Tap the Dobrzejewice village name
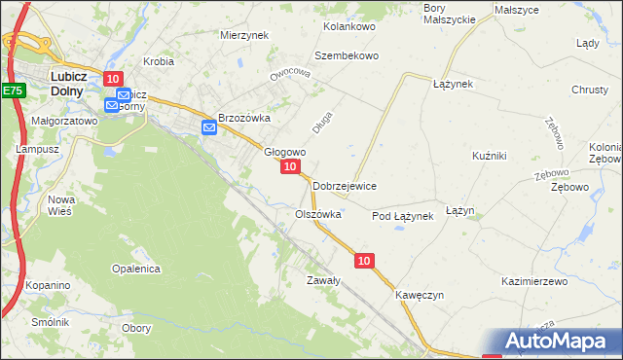click(345, 186)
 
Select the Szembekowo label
click(346, 55)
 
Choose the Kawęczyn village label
click(420, 295)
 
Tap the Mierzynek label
click(244, 34)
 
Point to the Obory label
click(136, 328)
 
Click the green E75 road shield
click(12, 90)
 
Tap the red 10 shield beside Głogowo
click(290, 168)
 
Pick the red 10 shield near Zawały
click(364, 261)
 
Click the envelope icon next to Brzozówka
click(208, 126)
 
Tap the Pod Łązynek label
click(402, 216)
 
